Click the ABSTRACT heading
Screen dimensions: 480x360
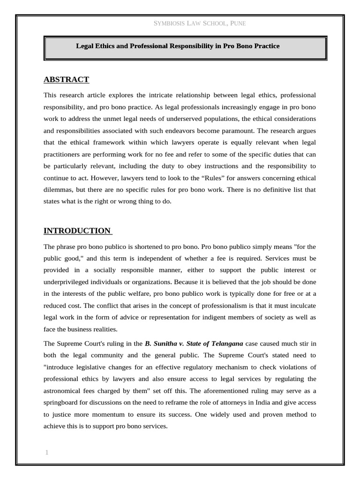pyautogui.click(x=66, y=79)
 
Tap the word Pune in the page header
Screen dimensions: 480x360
pyautogui.click(x=238, y=23)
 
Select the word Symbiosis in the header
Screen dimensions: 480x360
pyautogui.click(x=171, y=23)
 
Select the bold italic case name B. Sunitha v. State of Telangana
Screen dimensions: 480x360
pyautogui.click(x=194, y=343)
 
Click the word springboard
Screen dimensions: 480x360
pyautogui.click(x=62, y=402)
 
